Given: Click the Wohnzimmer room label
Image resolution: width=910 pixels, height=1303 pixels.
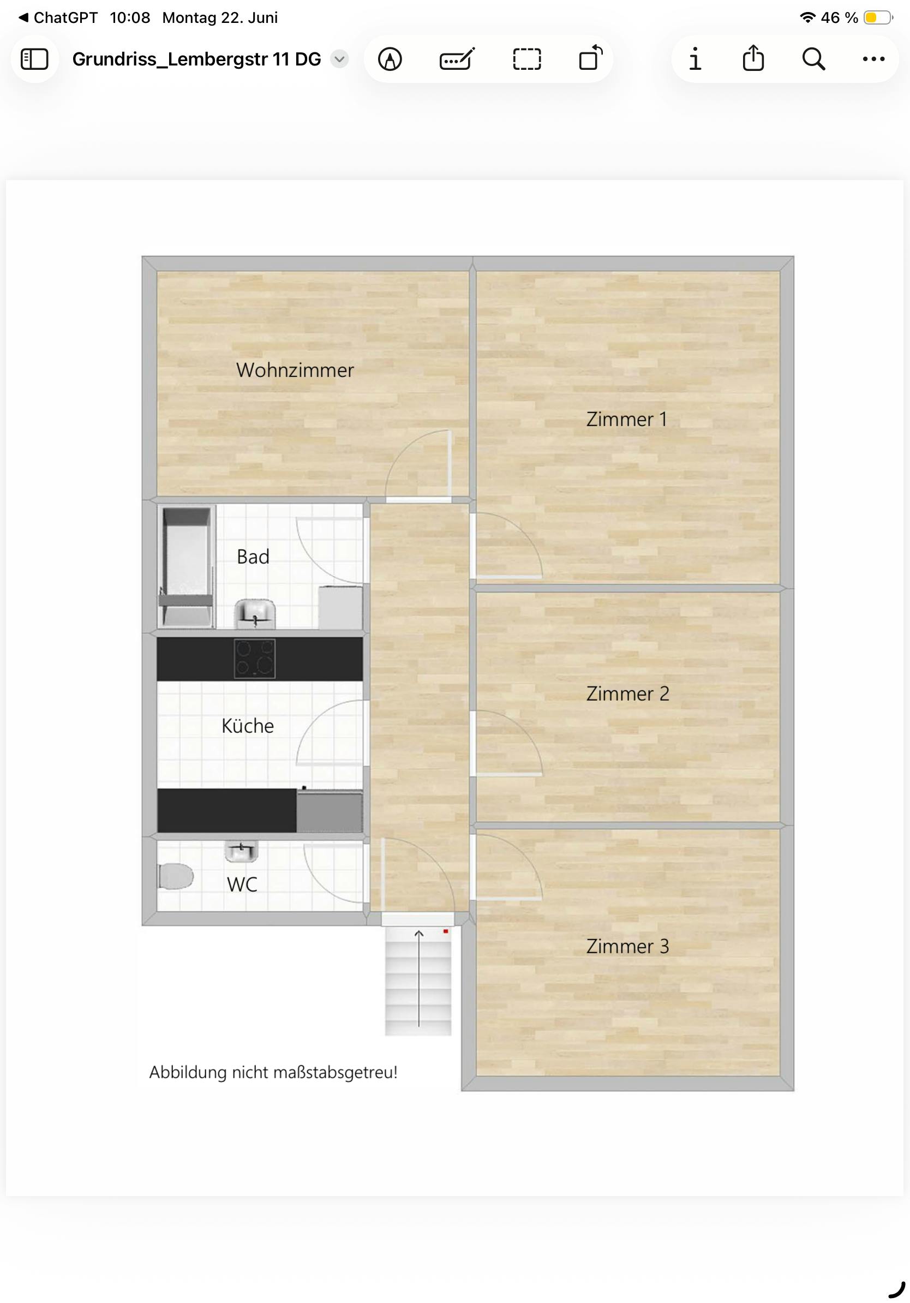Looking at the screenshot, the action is [x=295, y=370].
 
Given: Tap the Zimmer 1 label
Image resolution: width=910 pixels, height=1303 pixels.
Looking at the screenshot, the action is [x=626, y=420].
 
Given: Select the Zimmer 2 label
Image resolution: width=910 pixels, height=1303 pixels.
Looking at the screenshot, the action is [x=627, y=694].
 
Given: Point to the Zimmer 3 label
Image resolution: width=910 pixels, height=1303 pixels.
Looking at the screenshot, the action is [x=627, y=946].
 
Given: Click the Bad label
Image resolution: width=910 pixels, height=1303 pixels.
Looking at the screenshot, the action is [x=253, y=557].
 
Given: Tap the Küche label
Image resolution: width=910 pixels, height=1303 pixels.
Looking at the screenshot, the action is [x=248, y=726].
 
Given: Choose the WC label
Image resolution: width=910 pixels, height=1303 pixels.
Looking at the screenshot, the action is [x=242, y=884].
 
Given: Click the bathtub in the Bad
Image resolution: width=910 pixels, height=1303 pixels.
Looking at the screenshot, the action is [x=187, y=566].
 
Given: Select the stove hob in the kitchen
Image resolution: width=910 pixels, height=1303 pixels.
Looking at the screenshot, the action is [x=255, y=658].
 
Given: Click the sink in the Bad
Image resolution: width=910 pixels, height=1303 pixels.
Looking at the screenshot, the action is [x=255, y=613].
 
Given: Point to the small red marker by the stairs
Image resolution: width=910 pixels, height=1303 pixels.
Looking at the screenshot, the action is [x=446, y=931].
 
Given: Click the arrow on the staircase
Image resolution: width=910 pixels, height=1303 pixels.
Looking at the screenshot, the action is [x=418, y=978].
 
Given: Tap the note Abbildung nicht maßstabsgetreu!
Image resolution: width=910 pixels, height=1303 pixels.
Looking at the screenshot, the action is [x=273, y=1072].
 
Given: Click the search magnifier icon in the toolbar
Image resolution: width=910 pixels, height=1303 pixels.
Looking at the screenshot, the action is [x=813, y=59].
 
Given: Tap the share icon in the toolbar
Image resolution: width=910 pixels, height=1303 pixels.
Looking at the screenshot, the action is [x=753, y=58].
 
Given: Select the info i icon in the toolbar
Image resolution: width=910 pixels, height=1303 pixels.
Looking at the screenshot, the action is [x=695, y=59].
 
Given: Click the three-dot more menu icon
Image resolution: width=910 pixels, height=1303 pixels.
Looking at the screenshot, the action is [x=873, y=59].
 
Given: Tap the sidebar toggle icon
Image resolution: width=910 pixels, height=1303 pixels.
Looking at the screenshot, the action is [x=34, y=59].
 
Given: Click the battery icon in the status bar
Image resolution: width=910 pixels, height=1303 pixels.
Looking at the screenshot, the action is [x=878, y=17].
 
